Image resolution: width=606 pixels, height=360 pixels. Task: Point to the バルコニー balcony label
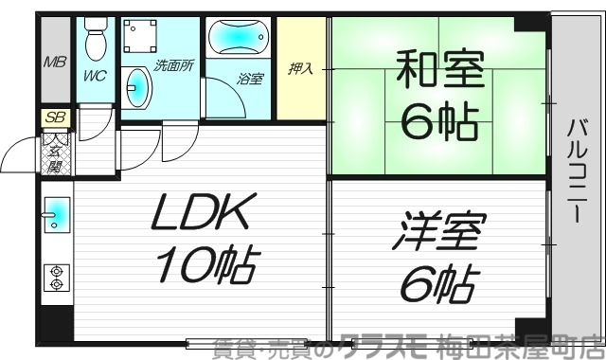(x=576, y=171)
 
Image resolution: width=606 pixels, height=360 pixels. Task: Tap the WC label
(x=95, y=73)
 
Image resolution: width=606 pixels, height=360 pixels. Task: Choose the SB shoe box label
(x=55, y=117)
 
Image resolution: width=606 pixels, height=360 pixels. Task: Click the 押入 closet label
(x=302, y=69)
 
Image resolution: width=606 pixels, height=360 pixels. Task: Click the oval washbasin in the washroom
(x=139, y=88)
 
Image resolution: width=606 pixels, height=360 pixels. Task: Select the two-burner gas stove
(x=56, y=277)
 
